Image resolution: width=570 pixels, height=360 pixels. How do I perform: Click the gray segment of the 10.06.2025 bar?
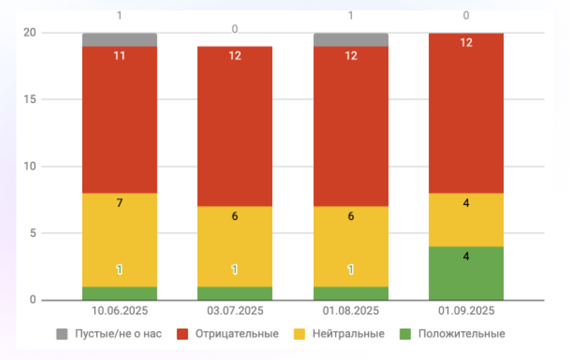[x=120, y=40]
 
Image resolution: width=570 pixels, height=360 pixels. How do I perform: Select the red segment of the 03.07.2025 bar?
[x=235, y=128]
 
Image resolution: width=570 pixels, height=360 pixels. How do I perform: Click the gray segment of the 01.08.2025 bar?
[x=351, y=40]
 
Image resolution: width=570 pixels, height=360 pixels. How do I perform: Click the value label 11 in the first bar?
[x=120, y=56]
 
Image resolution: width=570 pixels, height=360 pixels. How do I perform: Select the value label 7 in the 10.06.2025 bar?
[x=120, y=203]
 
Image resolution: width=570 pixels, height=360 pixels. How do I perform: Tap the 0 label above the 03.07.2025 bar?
[x=235, y=29]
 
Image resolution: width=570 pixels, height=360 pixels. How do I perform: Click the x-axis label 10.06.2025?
[x=120, y=311]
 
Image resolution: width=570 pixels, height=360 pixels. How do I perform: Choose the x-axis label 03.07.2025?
[x=235, y=311]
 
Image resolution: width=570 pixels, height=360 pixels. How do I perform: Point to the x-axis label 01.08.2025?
[x=351, y=311]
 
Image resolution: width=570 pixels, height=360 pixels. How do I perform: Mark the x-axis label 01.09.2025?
[x=467, y=311]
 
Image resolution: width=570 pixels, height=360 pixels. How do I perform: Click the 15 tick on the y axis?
[x=31, y=99]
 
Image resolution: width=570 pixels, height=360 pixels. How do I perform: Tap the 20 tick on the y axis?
[x=31, y=33]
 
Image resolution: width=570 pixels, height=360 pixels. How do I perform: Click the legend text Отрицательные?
[x=237, y=334]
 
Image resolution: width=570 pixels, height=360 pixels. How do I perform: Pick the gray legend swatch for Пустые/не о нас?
[x=62, y=334]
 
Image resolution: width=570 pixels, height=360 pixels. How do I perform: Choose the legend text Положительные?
[x=462, y=334]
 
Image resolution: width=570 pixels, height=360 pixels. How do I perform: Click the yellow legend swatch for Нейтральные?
[x=299, y=334]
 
